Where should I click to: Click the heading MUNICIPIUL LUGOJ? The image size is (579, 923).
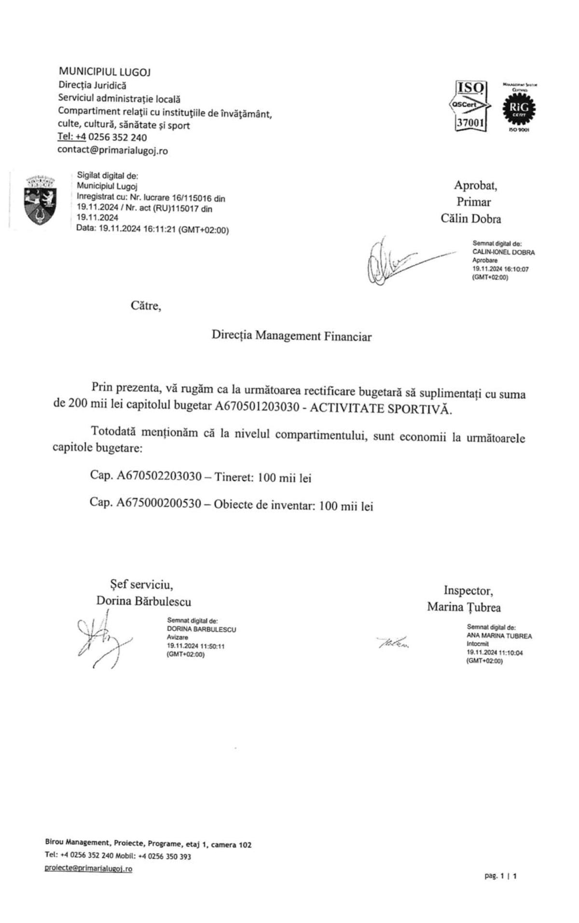pos(104,72)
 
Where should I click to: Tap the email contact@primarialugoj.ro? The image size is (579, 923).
pos(112,150)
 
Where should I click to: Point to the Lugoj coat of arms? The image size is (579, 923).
pos(40,200)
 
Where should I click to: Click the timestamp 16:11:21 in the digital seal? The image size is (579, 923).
pos(158,230)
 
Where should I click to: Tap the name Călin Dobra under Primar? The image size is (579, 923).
pos(470,218)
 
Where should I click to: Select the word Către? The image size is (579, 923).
pos(145,305)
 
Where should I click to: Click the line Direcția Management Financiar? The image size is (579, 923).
pos(291,336)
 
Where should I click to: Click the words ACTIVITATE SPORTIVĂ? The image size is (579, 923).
pos(381,409)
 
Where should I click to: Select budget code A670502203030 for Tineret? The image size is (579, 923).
pos(159,476)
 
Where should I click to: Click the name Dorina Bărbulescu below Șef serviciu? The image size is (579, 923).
pos(143,601)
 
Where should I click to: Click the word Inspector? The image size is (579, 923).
pos(468,590)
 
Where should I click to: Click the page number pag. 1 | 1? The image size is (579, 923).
pos(500,875)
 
